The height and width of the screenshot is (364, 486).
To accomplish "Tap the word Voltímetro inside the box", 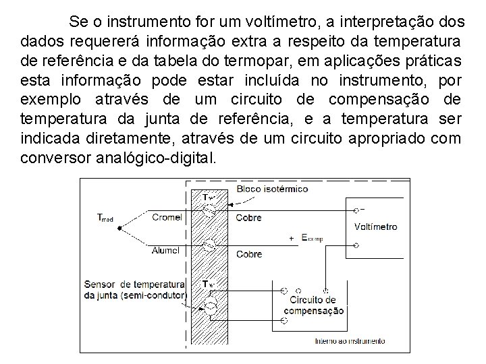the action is tap(375, 226).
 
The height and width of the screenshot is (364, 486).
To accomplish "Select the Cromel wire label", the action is tap(167, 217).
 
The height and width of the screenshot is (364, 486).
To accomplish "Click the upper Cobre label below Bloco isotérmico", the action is tap(248, 217).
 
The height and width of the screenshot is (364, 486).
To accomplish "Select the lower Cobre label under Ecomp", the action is tap(248, 254).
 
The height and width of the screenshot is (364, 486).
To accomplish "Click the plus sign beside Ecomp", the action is tap(291, 238).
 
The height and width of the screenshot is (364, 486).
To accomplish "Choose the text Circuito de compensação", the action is tap(312, 305).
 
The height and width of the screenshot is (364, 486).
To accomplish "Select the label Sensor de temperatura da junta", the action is tap(134, 290).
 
